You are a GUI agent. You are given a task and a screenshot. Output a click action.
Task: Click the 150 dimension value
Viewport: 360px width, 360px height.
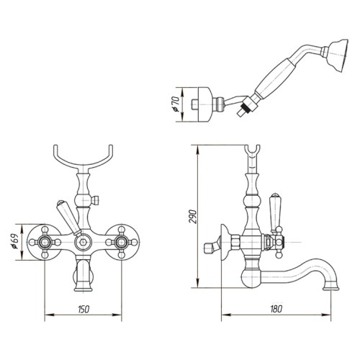coord(84,309)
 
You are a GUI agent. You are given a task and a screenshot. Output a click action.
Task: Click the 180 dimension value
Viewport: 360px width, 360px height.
coord(276,309)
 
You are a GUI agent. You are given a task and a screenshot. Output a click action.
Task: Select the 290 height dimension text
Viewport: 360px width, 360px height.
coord(192,217)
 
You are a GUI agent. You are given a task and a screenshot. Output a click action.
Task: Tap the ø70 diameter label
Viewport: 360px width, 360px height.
coord(176,104)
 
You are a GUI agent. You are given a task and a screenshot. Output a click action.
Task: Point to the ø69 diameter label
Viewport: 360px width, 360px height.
coord(15,241)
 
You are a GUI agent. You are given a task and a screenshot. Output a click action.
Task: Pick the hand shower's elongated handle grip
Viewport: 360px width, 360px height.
coord(274,78)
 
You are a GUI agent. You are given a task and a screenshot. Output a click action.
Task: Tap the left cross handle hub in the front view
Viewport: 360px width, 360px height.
coord(45,242)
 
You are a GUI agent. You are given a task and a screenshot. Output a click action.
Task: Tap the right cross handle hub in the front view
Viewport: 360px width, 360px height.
coord(122,242)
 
